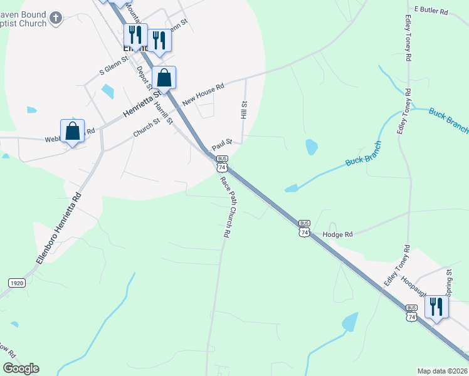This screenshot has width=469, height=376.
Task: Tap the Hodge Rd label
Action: pyautogui.click(x=338, y=234)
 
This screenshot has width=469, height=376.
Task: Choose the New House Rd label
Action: pyautogui.click(x=203, y=95)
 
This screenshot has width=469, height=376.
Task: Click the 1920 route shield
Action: pyautogui.click(x=17, y=283)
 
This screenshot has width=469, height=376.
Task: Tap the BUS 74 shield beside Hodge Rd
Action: pyautogui.click(x=305, y=228)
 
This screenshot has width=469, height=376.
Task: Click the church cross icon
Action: pyautogui.click(x=56, y=18)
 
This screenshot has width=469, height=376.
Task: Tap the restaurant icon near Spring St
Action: pyautogui.click(x=436, y=306)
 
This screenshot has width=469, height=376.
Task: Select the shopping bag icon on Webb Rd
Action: pyautogui.click(x=73, y=131)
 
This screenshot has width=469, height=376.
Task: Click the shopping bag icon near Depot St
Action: pyautogui.click(x=164, y=78)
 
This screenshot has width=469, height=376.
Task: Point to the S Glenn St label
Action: pyautogui.click(x=115, y=68)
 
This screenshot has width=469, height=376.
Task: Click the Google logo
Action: pyautogui.click(x=21, y=368)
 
